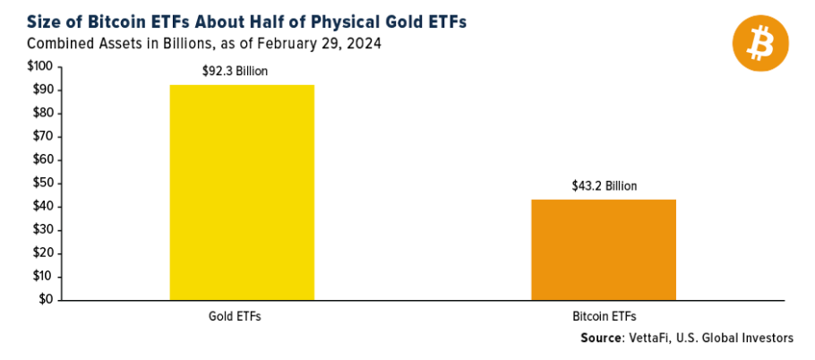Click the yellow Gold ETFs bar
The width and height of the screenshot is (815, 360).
[242, 192]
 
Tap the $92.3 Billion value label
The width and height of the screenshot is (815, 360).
[243, 72]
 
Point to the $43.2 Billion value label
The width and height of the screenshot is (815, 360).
[605, 186]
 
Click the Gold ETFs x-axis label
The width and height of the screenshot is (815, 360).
[242, 316]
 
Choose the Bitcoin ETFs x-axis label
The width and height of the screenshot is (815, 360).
[605, 316]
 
